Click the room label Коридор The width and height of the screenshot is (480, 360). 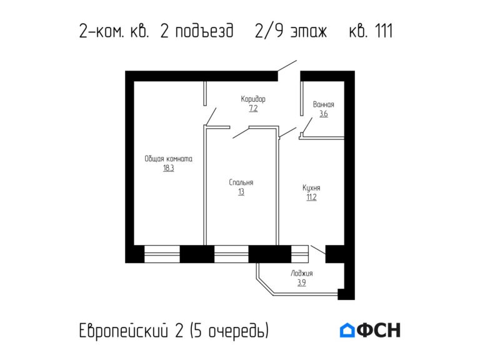[253, 99]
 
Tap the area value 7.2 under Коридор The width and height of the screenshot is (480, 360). [253, 108]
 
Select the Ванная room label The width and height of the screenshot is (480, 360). [323, 105]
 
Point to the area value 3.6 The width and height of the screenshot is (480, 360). [323, 114]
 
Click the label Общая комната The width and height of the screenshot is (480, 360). [168, 159]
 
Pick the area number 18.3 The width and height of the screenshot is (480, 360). [168, 168]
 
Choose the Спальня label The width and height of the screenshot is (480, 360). [241, 182]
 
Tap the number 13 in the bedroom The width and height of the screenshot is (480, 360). [241, 192]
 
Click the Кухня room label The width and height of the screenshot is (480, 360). [311, 187]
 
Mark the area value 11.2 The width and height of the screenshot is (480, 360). [311, 197]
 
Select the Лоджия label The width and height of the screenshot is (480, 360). [301, 274]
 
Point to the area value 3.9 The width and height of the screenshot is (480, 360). [301, 282]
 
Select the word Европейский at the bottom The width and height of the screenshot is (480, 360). [124, 330]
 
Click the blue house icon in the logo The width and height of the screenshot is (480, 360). [347, 330]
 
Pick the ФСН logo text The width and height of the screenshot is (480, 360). [379, 330]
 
